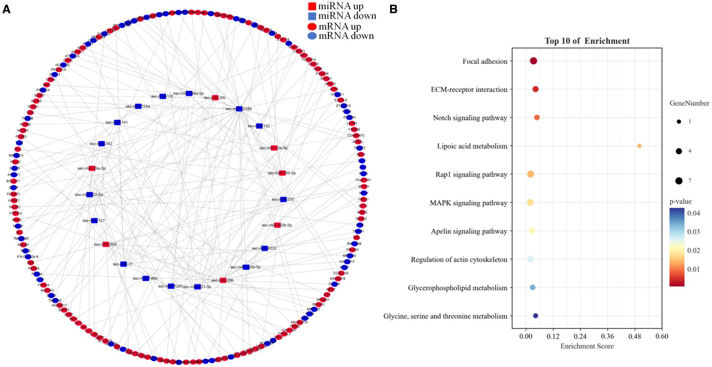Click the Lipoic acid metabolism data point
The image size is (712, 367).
coord(639,146)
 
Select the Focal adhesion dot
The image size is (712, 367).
coord(533,61)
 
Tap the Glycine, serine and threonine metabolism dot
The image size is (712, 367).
coord(535,316)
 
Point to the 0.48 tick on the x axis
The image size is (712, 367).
coord(635,336)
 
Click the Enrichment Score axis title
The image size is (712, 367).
coord(587,346)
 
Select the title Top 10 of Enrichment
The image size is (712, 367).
coord(587,41)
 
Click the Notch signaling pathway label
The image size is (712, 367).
coord(470,118)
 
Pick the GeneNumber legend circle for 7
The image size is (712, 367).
coord(679,181)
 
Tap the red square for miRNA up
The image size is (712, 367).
coord(312,6)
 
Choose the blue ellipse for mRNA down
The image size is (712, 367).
coord(312,36)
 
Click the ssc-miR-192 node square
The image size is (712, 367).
coord(259,126)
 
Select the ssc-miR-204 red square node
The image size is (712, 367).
coord(106,244)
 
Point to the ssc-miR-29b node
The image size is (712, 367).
coord(223,280)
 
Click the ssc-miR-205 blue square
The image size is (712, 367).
coord(283,200)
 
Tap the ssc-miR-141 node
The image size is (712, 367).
coord(117,123)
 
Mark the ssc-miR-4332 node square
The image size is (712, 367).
coord(264,248)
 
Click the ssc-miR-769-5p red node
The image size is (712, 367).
coord(282,173)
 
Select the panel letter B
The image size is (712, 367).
coord(393,9)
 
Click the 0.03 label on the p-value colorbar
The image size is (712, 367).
coord(693,232)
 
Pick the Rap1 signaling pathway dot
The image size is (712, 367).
coord(530,174)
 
